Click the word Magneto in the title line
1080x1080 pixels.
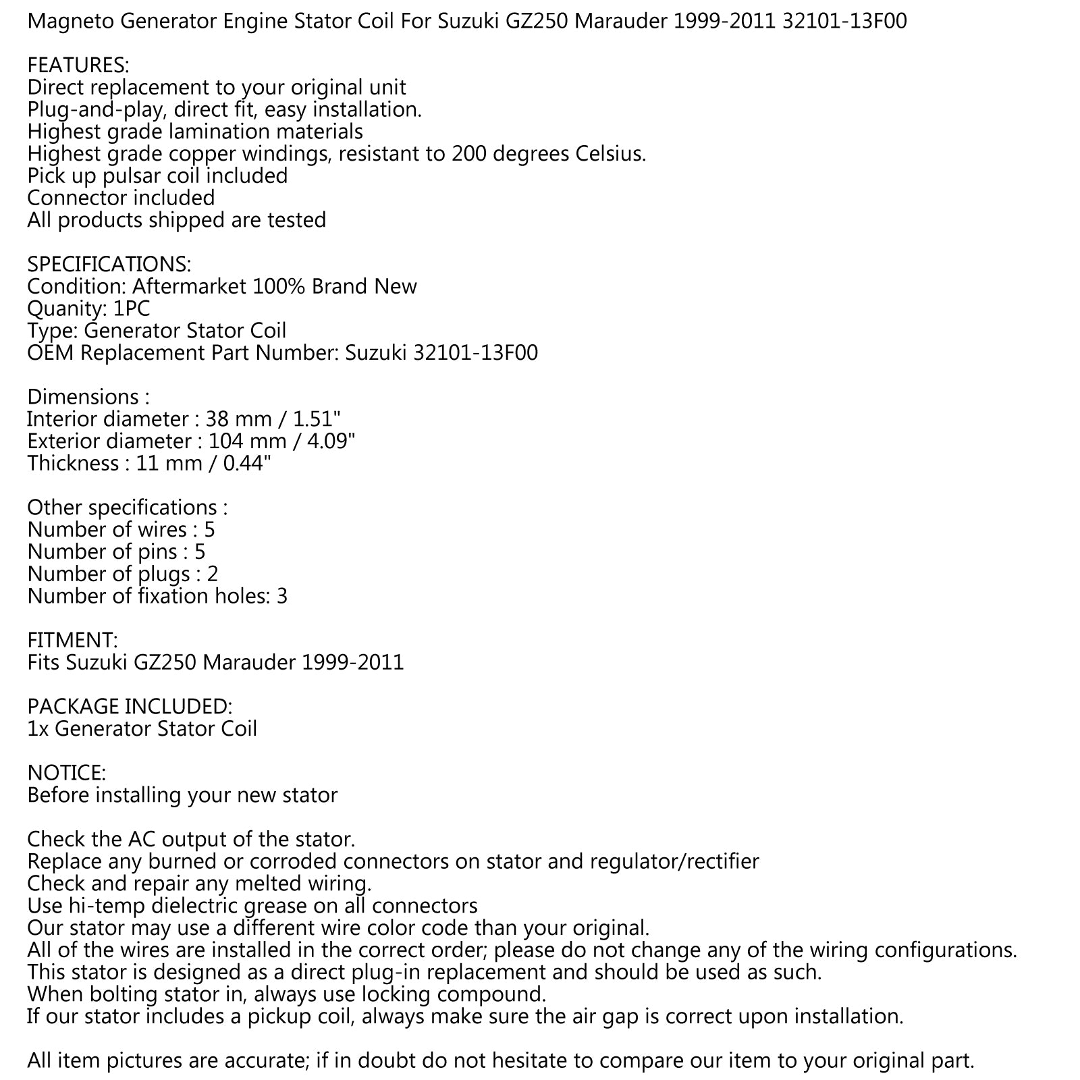click(x=72, y=22)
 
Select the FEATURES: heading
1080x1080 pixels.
click(x=78, y=65)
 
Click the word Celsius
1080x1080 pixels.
click(x=610, y=154)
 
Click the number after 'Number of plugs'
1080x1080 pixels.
click(x=212, y=574)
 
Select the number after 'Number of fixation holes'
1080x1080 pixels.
click(x=281, y=596)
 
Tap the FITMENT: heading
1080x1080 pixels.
click(x=72, y=640)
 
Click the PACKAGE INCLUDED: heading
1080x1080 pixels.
click(x=130, y=707)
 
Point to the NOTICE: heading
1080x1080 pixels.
click(x=66, y=773)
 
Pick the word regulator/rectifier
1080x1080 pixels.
click(x=674, y=862)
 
